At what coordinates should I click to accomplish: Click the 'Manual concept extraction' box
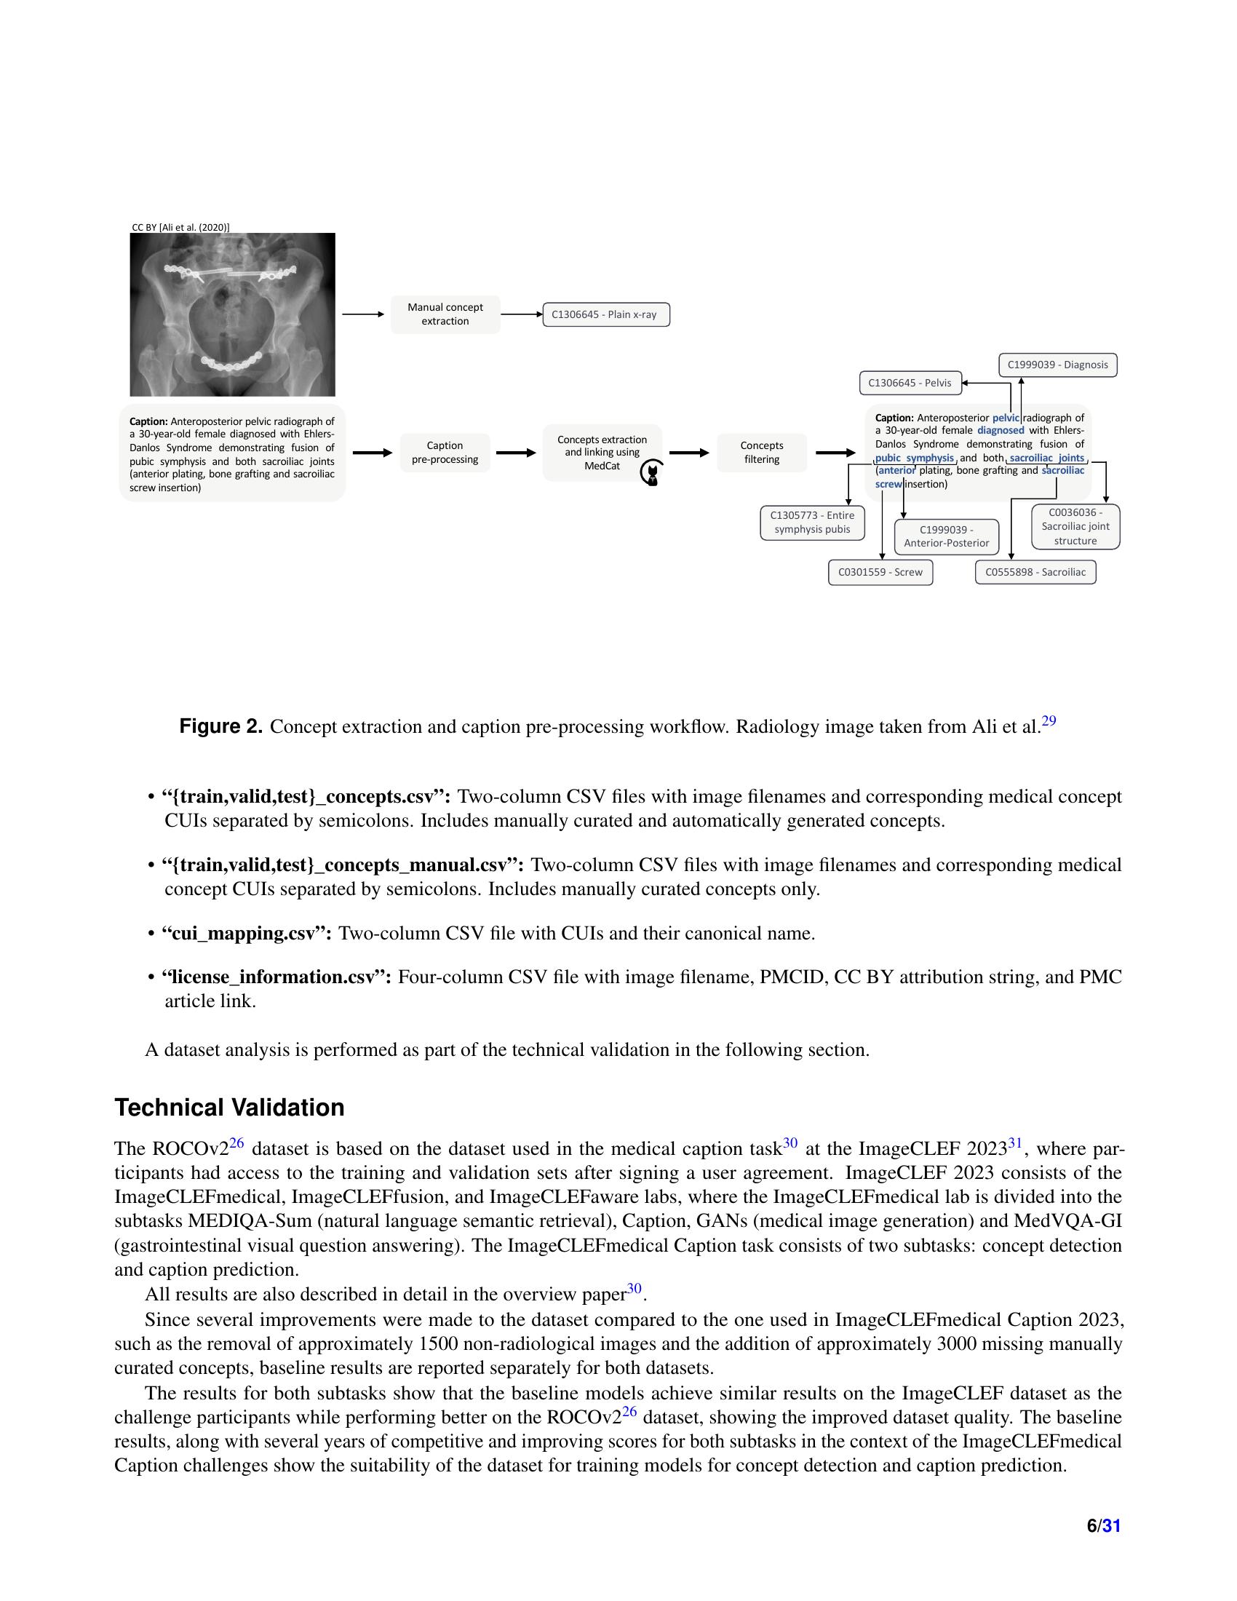click(445, 314)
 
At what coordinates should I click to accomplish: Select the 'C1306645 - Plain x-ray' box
click(605, 314)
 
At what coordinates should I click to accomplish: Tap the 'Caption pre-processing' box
click(445, 453)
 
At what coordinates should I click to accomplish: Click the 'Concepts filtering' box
click(761, 453)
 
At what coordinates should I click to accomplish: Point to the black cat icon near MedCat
click(651, 474)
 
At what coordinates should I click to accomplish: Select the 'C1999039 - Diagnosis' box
click(1057, 365)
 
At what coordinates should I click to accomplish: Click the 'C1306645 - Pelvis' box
click(910, 383)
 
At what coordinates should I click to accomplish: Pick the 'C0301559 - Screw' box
click(880, 572)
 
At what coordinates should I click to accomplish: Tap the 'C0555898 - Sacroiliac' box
click(1035, 572)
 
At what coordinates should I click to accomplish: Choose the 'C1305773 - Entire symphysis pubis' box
click(812, 522)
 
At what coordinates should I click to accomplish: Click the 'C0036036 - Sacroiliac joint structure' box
click(1075, 526)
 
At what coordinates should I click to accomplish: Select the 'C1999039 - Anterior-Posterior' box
click(946, 536)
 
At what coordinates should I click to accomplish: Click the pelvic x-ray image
click(232, 314)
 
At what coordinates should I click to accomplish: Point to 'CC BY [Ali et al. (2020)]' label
click(180, 227)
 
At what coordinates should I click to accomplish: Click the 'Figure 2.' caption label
click(220, 726)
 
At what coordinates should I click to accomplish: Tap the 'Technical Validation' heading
click(229, 1107)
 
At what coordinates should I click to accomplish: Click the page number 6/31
click(1103, 1525)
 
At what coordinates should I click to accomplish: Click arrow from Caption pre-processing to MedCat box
click(516, 453)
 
